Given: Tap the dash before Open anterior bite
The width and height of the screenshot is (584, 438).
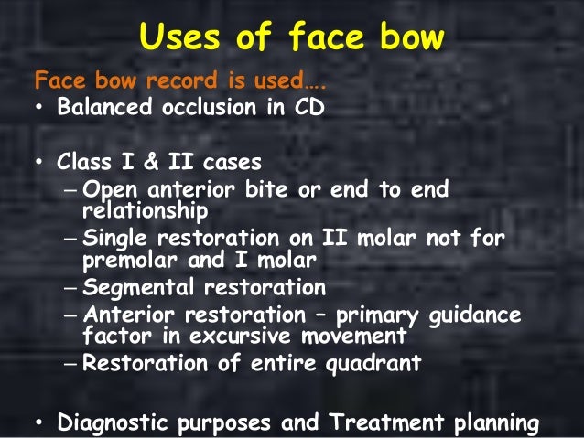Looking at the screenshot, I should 72,191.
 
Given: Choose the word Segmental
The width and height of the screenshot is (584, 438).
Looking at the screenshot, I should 135,288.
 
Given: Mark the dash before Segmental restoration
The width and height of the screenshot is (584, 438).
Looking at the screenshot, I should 72,288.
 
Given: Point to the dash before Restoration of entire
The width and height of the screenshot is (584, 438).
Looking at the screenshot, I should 72,363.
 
